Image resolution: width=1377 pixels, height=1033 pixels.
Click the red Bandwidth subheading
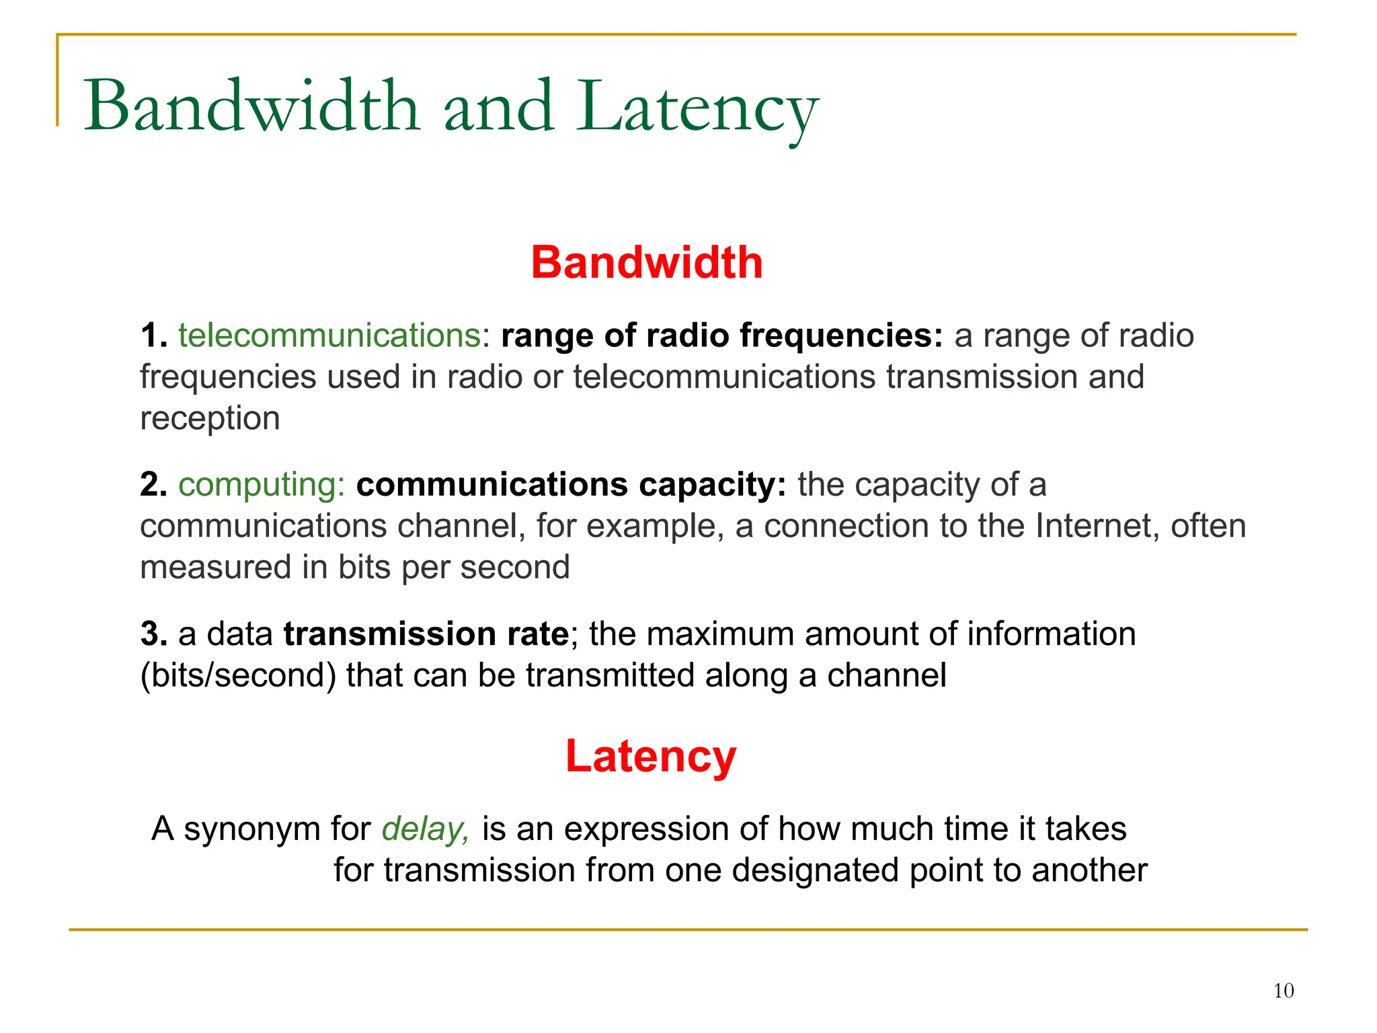click(646, 262)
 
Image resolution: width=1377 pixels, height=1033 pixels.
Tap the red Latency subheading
click(650, 756)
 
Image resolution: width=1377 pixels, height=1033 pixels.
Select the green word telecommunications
click(329, 335)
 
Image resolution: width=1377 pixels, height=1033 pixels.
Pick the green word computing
click(261, 484)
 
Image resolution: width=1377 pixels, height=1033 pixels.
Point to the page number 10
click(1283, 991)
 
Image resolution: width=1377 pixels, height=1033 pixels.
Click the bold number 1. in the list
click(153, 335)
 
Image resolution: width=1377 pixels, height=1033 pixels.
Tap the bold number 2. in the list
click(153, 484)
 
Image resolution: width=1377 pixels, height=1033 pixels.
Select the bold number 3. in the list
click(153, 634)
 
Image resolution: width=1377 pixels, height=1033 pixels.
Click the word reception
click(210, 419)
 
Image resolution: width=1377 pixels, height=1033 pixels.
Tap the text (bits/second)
click(238, 675)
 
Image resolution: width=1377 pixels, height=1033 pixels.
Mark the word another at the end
click(1089, 870)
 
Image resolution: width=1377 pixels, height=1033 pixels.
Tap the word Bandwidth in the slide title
click(251, 108)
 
